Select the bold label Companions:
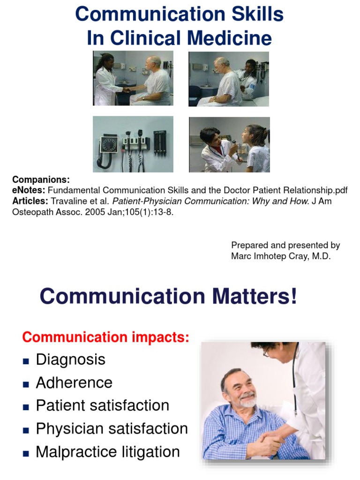41,180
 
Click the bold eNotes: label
29,190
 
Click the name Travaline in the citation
67,201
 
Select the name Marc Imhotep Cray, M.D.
281,256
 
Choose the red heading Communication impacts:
106,337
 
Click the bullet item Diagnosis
70,360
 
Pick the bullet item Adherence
74,382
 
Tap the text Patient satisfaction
102,405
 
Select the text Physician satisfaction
112,428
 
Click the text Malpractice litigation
108,452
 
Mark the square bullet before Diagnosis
26,361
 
